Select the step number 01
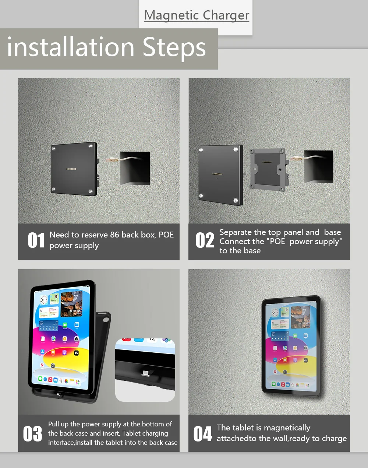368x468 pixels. (x=36, y=240)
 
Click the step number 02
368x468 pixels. (x=205, y=240)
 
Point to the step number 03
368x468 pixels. (x=33, y=434)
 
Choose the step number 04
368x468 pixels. (x=203, y=434)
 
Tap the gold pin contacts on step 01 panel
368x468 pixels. (x=71, y=169)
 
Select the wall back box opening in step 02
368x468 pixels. (x=319, y=166)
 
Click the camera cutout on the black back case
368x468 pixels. (x=106, y=320)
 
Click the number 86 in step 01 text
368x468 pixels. (x=114, y=235)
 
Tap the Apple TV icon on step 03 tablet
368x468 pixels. (x=76, y=353)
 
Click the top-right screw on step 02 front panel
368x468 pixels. (x=236, y=149)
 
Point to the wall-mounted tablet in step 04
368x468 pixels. (x=291, y=346)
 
